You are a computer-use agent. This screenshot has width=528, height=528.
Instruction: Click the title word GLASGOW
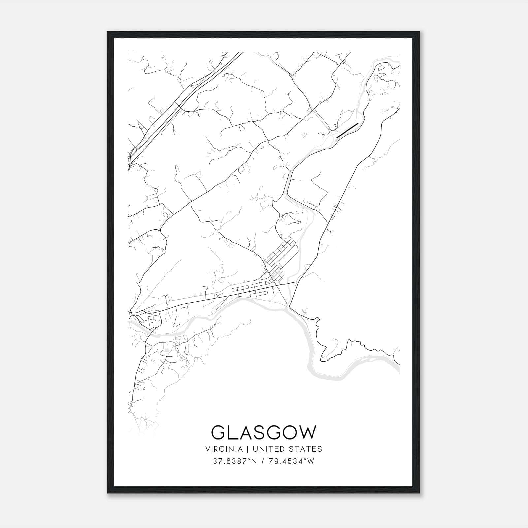point(263,432)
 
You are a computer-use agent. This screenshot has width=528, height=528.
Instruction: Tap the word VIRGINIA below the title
point(223,449)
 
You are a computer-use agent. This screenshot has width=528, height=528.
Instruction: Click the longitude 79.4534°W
point(290,461)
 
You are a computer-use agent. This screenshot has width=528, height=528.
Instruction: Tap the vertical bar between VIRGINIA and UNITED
point(245,449)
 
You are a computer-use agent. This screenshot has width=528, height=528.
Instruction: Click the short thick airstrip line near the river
point(347,130)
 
